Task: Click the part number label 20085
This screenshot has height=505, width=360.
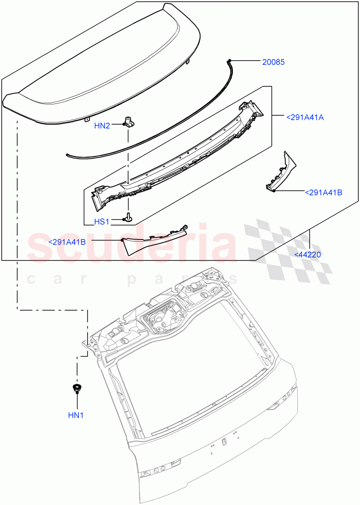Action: coord(273,62)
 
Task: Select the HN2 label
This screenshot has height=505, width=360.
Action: coord(102,125)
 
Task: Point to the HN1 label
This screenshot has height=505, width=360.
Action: coord(76,415)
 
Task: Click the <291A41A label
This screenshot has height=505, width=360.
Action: coord(305,117)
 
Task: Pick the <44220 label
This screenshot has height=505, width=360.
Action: coord(308,254)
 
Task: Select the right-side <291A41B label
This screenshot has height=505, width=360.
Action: coord(323,193)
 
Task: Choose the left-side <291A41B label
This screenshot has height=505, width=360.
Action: coord(67,242)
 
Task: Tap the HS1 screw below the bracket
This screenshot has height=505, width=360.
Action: coord(128,218)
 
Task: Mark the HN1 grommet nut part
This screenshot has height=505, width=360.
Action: coord(76,388)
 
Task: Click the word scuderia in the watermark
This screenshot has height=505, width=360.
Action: coord(131,246)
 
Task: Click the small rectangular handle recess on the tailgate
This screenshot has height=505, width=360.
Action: coord(224,441)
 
